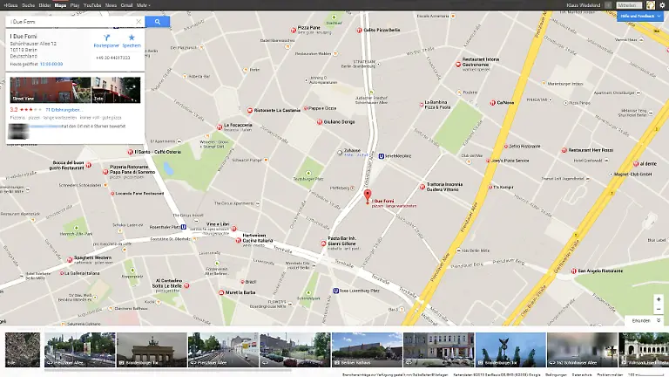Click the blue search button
click(x=157, y=21)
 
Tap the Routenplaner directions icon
click(x=106, y=38)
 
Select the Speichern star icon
click(x=132, y=38)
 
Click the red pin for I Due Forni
click(x=367, y=195)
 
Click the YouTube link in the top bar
click(x=92, y=4)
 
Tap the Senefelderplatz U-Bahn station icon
click(x=382, y=156)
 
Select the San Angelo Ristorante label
click(x=603, y=271)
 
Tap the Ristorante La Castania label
click(x=277, y=110)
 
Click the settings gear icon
click(x=662, y=5)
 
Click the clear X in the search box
click(x=137, y=21)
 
